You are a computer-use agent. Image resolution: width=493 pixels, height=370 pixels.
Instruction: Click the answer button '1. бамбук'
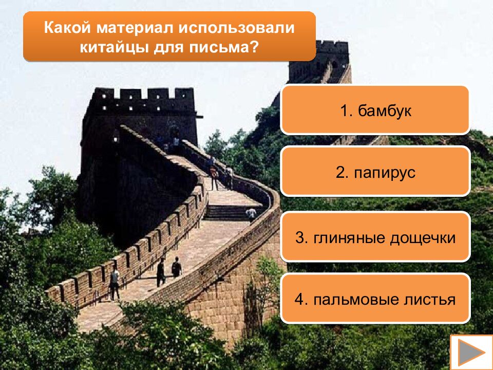pos(375,110)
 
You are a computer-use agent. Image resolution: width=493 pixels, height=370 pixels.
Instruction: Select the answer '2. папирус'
pos(375,172)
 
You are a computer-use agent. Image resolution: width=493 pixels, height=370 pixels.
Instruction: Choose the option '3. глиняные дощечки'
pos(375,237)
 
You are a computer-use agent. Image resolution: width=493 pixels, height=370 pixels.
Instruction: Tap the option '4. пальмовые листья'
pos(375,299)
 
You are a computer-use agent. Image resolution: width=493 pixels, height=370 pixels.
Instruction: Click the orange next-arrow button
pos(471,352)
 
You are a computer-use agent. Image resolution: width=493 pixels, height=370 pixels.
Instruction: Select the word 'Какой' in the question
pos(63,27)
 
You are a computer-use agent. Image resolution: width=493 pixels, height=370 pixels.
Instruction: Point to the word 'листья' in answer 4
pos(430,300)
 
